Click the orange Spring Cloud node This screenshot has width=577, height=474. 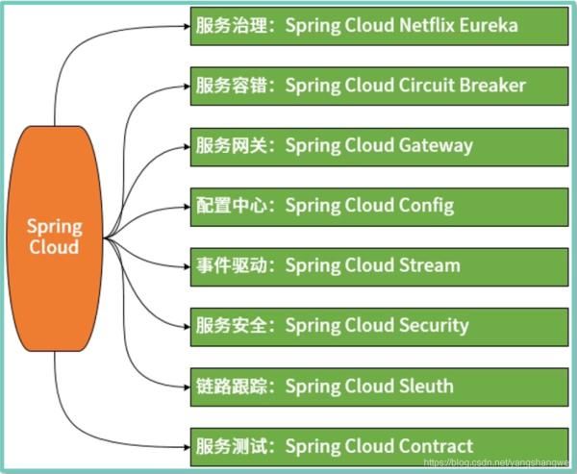point(54,235)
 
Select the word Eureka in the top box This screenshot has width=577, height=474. point(488,25)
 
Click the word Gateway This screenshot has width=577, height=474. point(436,145)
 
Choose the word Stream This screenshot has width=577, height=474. point(428,265)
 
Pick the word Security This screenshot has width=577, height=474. point(433,326)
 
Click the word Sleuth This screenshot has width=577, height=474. point(424,386)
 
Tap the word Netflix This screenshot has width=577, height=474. point(425,25)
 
